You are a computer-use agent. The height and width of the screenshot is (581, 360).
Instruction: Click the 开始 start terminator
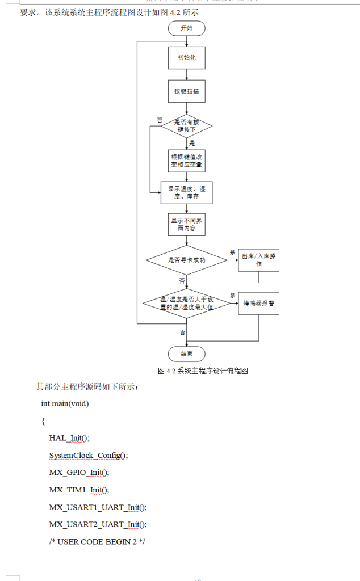[x=186, y=28]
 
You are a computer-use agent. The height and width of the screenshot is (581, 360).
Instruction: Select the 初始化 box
[x=186, y=58]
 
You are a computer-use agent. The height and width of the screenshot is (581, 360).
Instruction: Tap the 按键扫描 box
[x=186, y=91]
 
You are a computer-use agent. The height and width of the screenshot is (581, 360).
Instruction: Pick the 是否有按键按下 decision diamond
[x=186, y=125]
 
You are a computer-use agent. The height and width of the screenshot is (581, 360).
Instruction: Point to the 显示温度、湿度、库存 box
[x=186, y=193]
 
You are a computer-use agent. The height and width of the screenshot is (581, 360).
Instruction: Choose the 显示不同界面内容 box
[x=186, y=225]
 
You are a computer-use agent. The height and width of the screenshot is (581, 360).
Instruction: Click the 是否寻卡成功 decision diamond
[x=186, y=260]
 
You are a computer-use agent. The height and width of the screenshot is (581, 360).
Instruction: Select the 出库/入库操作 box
[x=259, y=260]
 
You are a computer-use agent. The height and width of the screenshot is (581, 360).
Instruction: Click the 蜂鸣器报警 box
[x=259, y=303]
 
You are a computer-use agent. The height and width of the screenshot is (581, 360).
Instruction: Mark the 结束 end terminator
[x=186, y=353]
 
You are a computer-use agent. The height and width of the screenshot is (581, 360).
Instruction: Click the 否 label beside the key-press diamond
[x=160, y=120]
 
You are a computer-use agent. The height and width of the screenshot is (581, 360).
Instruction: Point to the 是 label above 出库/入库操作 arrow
[x=232, y=252]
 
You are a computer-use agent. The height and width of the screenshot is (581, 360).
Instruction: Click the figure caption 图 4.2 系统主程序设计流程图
[x=203, y=371]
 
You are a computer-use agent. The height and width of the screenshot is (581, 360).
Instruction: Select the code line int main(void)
[x=65, y=404]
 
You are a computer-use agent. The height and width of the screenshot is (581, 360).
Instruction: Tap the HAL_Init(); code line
[x=69, y=438]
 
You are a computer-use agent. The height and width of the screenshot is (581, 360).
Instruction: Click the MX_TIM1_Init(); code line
[x=79, y=490]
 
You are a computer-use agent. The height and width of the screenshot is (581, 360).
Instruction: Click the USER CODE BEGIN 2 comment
[x=97, y=541]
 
